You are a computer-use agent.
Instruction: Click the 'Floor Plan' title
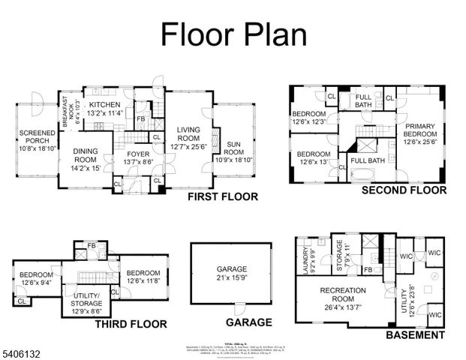(233, 34)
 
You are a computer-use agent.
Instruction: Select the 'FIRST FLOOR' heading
(224, 197)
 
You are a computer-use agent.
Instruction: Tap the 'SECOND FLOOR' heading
(404, 190)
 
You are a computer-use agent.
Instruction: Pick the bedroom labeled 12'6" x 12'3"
(309, 118)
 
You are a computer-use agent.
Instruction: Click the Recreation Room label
(342, 295)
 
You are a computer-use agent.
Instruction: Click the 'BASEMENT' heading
(415, 335)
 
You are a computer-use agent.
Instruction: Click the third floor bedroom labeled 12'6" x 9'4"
(35, 278)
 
